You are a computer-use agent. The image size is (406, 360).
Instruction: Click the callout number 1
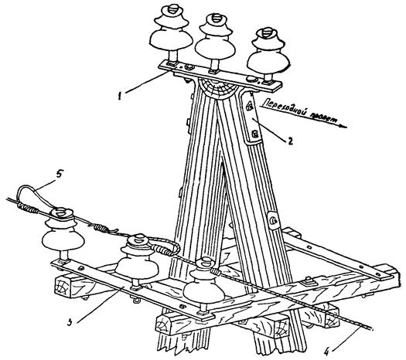[x=120, y=96]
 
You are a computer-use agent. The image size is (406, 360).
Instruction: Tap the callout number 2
[x=289, y=141]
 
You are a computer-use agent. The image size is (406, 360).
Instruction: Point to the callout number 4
[x=326, y=351]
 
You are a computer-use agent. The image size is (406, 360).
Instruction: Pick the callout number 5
[x=59, y=174]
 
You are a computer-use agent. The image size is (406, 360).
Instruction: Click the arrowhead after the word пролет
[x=343, y=126]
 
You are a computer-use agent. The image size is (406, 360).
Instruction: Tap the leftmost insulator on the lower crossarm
[x=62, y=236]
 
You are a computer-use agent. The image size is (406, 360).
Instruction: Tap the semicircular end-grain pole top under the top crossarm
[x=218, y=88]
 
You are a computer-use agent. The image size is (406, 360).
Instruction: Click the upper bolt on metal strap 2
[x=249, y=106]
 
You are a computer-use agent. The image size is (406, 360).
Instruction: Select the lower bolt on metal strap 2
[x=254, y=134]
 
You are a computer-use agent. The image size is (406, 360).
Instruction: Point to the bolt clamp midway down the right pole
[x=272, y=221]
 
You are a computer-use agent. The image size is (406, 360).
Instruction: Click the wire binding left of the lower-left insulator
[x=27, y=207]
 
